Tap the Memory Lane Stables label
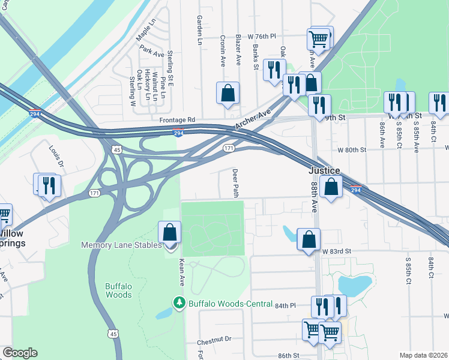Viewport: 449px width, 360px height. pos(122,245)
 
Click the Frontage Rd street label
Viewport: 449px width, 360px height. pos(178,120)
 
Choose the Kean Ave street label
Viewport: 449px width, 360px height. pos(181,272)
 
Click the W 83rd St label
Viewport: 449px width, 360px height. pos(340,251)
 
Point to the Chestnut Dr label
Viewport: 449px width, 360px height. pos(214,340)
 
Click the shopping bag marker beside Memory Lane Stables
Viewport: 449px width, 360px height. pos(170,233)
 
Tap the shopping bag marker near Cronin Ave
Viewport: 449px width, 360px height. pos(228,93)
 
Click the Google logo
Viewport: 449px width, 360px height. pos(20,353)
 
